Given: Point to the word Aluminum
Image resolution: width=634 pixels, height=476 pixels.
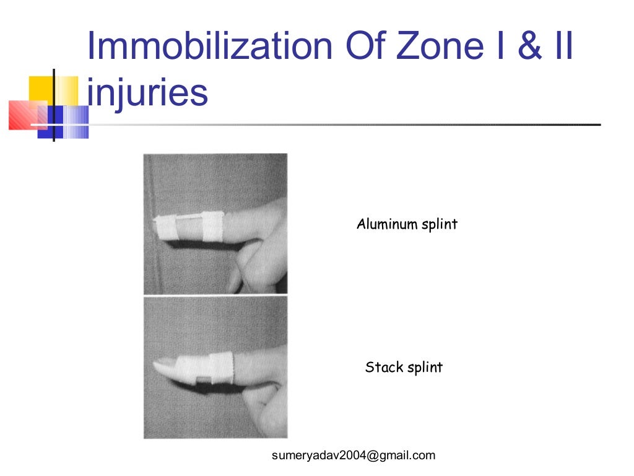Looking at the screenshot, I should point(387,224).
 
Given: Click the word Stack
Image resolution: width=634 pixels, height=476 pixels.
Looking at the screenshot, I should point(384,367).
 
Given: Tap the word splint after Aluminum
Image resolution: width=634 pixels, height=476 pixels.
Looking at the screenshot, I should point(440,224).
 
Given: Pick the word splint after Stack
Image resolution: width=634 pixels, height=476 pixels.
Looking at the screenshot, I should point(425,368).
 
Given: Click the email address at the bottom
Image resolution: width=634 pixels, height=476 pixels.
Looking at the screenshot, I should point(354,456).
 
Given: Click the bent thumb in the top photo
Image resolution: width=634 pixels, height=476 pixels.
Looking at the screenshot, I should point(248,260).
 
